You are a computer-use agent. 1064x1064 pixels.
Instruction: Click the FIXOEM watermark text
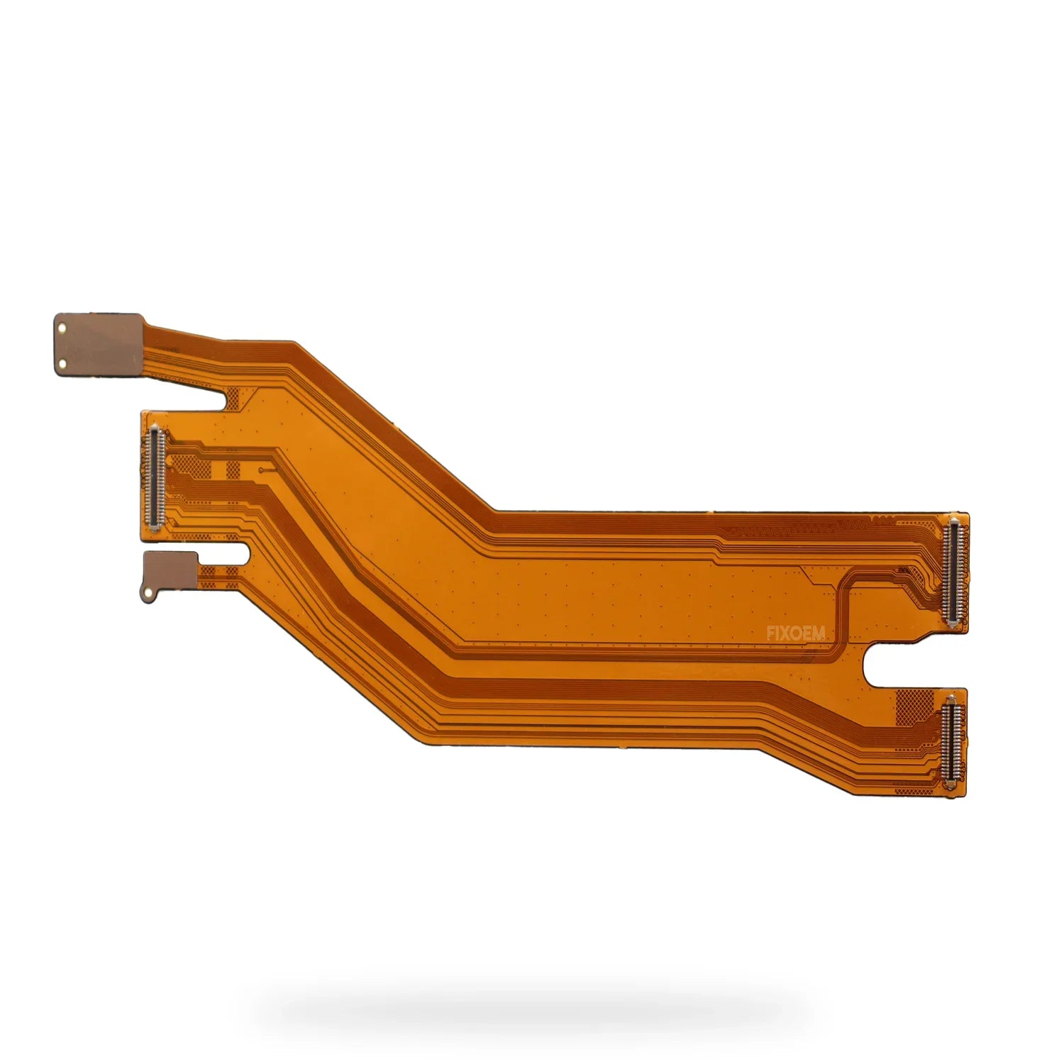click(x=795, y=633)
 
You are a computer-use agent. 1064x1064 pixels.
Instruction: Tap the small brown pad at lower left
click(x=170, y=568)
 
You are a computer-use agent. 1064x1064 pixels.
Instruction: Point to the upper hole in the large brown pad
click(x=62, y=328)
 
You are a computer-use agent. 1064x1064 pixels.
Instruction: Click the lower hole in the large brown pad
click(x=62, y=364)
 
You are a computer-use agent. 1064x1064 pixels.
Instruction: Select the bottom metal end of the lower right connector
click(x=952, y=789)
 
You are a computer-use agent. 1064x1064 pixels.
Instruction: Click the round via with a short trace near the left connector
click(x=262, y=469)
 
